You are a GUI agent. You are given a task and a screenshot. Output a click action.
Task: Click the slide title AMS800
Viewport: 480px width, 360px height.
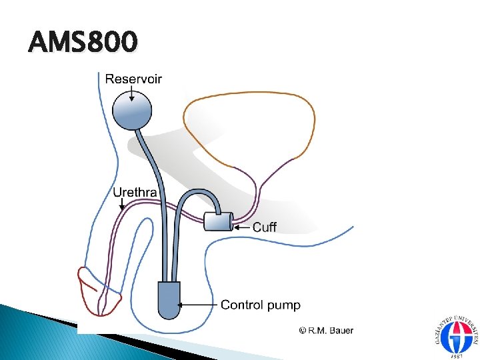(x=83, y=43)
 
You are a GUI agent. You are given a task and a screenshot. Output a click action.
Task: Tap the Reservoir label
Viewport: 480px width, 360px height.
(x=133, y=79)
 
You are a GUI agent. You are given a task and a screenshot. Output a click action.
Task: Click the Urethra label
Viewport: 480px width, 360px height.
(x=135, y=193)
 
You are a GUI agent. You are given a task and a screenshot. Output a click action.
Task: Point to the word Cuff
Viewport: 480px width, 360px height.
(x=265, y=227)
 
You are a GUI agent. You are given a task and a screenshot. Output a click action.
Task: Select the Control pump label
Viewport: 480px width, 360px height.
(x=260, y=305)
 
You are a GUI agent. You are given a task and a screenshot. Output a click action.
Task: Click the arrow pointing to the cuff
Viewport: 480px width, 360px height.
(x=241, y=227)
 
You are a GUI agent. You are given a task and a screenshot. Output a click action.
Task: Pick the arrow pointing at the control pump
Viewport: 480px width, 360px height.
(x=198, y=305)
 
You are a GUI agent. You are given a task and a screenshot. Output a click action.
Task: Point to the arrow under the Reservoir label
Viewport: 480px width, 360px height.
(x=133, y=93)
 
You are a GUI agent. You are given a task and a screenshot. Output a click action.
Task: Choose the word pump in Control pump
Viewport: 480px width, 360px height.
(x=284, y=306)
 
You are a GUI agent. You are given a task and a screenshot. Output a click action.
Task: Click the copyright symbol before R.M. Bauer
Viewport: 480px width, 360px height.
(x=303, y=330)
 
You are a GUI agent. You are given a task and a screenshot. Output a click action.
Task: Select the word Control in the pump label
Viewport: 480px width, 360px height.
(x=242, y=305)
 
